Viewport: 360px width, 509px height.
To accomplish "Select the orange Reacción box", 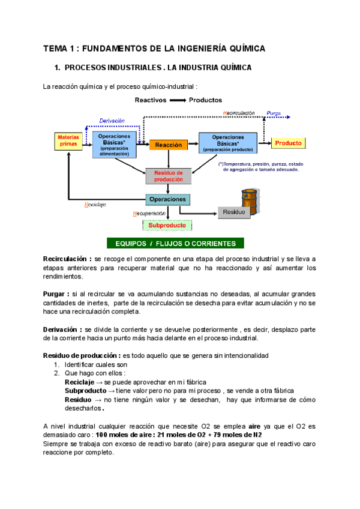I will (169, 145).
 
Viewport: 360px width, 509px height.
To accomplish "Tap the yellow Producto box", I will (289, 143).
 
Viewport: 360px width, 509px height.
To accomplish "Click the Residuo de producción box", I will (169, 176).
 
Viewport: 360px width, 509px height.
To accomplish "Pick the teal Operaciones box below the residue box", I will (167, 199).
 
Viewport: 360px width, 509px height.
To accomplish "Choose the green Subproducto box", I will (167, 226).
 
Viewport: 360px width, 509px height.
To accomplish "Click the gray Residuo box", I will (234, 212).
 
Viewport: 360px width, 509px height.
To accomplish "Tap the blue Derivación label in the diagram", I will (112, 120).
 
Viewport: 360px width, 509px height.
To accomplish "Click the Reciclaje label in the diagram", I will (95, 205).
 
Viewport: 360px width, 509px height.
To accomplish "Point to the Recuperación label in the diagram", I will (148, 213).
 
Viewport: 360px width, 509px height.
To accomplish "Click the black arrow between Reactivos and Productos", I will (178, 100).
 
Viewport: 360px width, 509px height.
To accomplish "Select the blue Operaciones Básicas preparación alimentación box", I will (114, 145).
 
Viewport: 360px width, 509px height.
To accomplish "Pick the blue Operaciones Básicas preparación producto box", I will (228, 143).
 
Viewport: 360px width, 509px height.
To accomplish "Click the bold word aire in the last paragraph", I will (254, 425).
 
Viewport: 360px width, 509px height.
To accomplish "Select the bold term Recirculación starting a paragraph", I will (67, 259).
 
